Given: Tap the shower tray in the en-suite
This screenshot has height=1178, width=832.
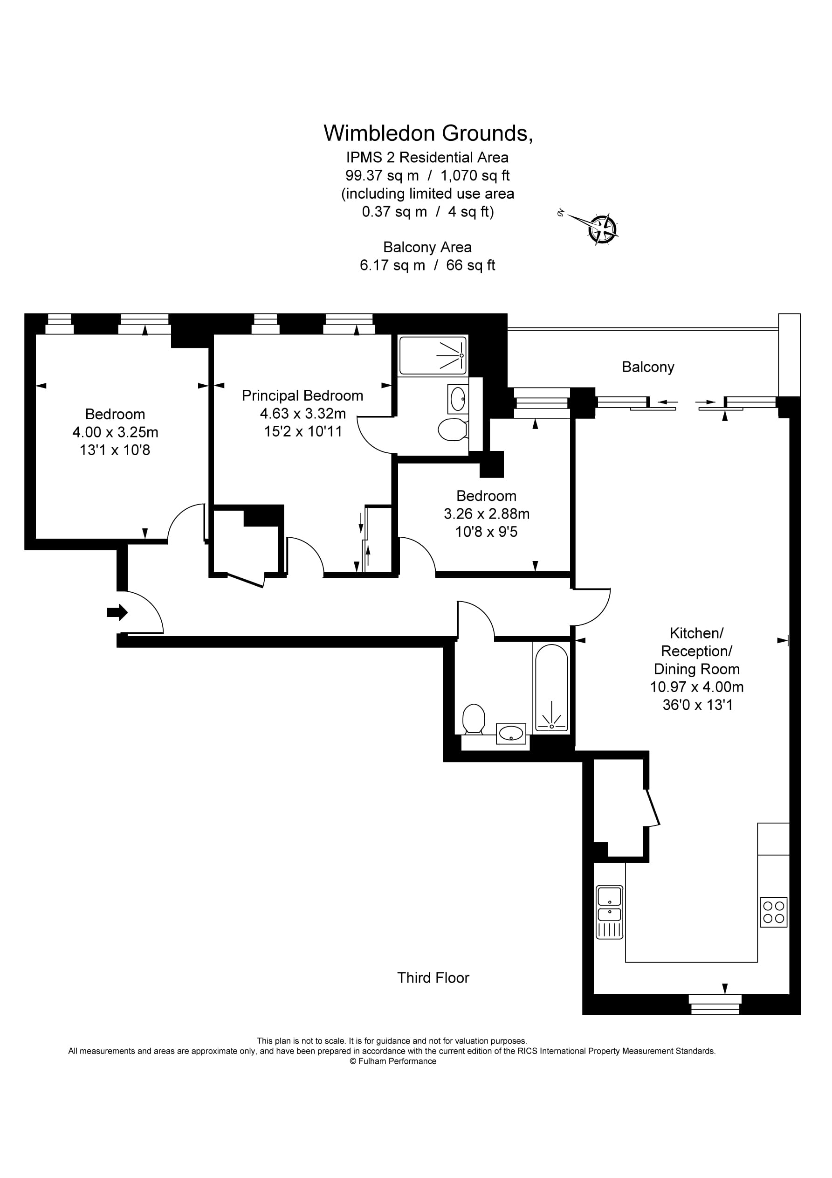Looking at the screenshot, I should (433, 355).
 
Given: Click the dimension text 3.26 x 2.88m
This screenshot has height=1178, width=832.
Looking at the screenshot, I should (486, 513).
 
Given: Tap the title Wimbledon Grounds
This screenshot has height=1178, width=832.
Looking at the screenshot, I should (428, 133).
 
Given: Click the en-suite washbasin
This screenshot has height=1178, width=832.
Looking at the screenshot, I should (458, 399).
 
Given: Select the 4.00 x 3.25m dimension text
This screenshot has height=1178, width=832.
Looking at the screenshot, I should (115, 432).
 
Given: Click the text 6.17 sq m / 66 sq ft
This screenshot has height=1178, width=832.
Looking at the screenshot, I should (427, 265).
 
